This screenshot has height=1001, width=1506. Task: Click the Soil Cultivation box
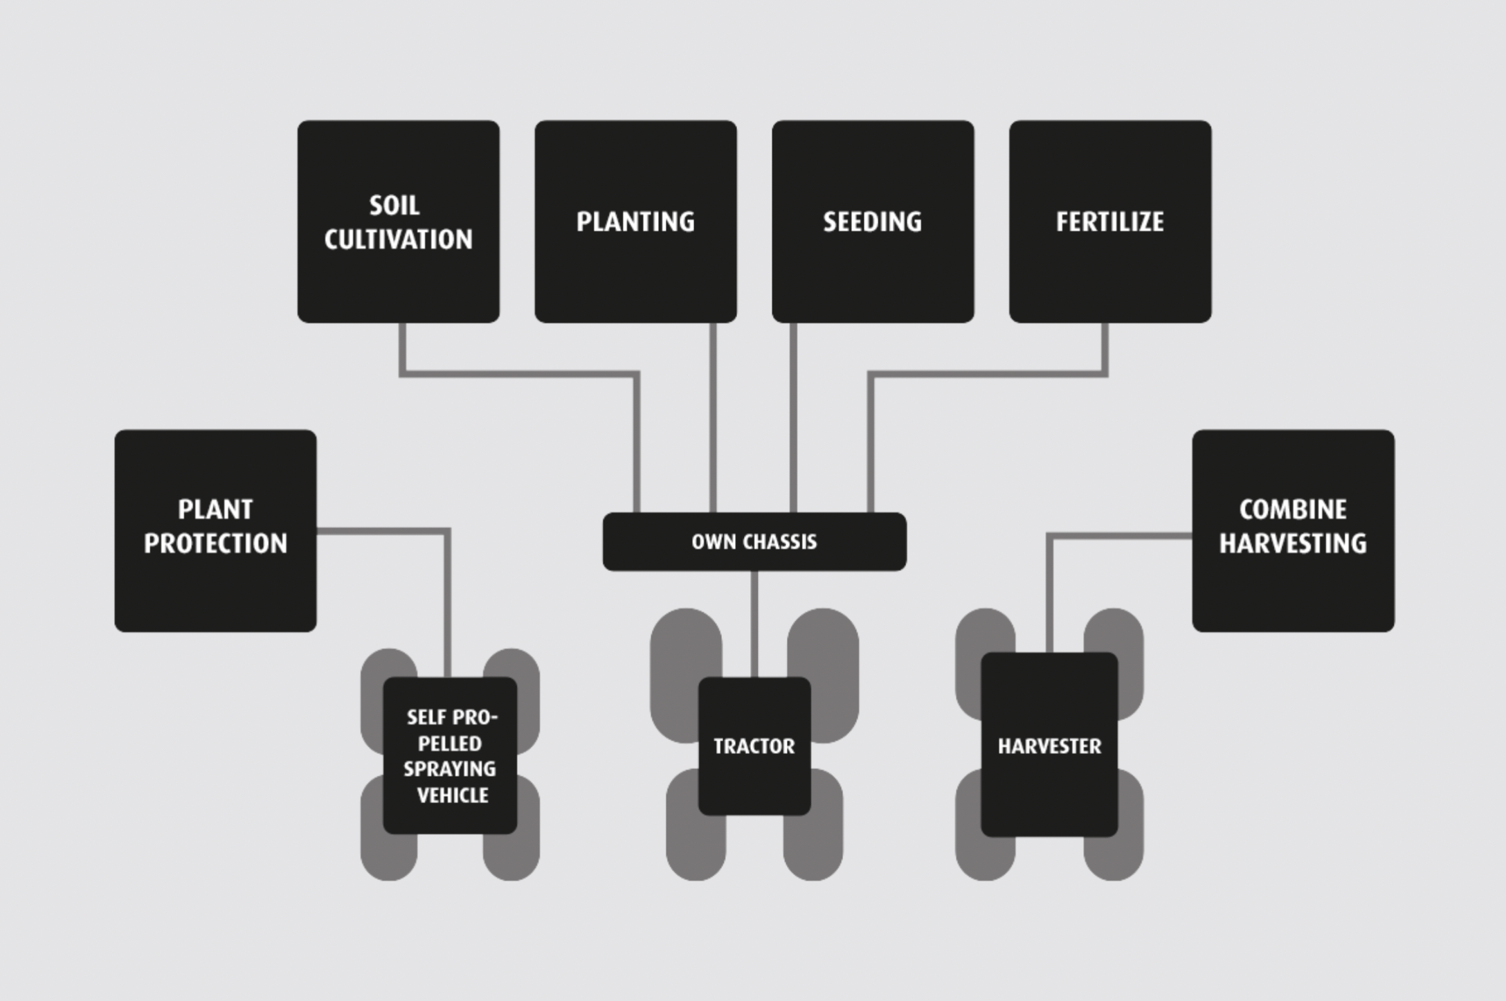click(x=398, y=222)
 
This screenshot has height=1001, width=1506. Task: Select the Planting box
click(x=635, y=222)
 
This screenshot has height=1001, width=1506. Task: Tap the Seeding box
click(x=873, y=222)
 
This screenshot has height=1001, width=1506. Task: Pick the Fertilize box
click(x=1110, y=222)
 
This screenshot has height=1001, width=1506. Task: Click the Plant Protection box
click(x=215, y=530)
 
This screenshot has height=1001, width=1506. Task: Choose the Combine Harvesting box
click(x=1293, y=530)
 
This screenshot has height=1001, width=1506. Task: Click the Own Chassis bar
click(x=754, y=541)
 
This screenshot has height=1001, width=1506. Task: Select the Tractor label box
click(x=754, y=746)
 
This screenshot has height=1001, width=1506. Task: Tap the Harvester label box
click(x=1049, y=745)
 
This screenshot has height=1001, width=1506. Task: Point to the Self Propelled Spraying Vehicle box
click(x=450, y=755)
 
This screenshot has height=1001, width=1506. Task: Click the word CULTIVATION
click(x=398, y=240)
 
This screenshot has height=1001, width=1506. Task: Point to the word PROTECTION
click(x=215, y=543)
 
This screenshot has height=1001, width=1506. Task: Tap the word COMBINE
click(x=1293, y=509)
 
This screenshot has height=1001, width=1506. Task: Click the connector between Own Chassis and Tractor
click(x=754, y=623)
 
